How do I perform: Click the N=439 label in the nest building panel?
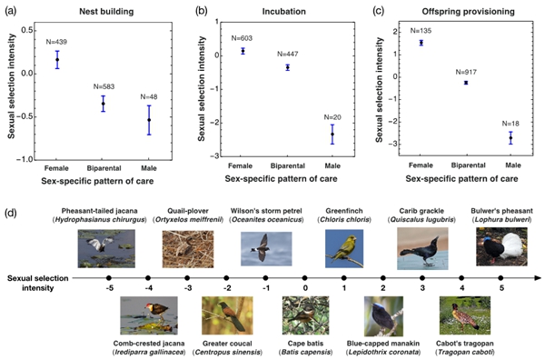[56, 42]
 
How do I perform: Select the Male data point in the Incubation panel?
[332, 134]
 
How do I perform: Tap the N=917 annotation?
[466, 72]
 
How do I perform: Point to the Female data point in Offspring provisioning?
[421, 43]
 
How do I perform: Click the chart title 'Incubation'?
[284, 12]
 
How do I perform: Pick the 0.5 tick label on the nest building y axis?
[29, 30]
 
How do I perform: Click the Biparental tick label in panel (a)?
[104, 168]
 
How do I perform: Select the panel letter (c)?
[378, 11]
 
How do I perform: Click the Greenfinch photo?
[344, 248]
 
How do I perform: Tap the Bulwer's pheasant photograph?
[501, 247]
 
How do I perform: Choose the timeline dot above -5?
[109, 278]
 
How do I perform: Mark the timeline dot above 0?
[305, 278]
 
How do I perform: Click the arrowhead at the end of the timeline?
[538, 278]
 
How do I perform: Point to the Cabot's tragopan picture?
[465, 315]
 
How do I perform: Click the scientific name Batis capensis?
[305, 352]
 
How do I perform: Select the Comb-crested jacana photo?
[149, 315]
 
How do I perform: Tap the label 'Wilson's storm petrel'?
[266, 211]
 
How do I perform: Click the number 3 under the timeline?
[422, 288]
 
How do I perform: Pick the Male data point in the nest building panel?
[149, 120]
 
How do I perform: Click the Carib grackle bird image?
[422, 249]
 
